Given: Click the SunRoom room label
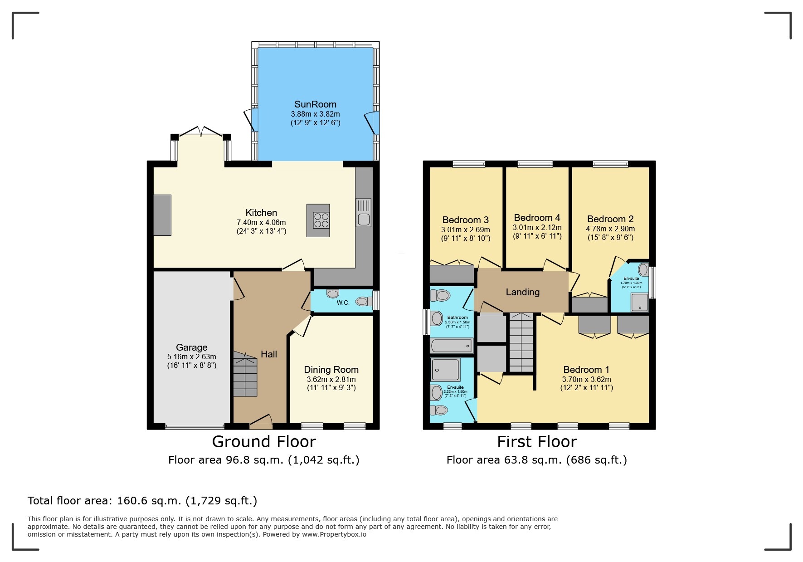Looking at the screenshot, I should point(315,104).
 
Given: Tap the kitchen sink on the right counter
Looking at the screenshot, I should point(363,213).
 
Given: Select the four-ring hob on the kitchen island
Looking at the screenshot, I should point(321,220).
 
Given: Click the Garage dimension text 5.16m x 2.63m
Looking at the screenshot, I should point(191,357).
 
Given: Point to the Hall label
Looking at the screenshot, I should point(268,354).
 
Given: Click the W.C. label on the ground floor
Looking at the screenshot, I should point(343,303).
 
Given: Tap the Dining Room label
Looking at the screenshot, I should point(331,370).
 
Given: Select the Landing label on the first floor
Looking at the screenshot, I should point(522,292).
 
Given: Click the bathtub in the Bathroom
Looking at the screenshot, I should point(452,346).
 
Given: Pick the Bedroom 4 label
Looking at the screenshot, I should point(537,218).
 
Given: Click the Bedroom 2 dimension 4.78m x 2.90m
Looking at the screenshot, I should point(610,229).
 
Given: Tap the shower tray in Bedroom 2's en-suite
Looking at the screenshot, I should point(640,303).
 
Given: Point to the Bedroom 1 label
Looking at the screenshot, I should point(586,370).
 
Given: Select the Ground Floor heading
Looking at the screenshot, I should point(264,441).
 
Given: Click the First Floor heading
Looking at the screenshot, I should point(537,441).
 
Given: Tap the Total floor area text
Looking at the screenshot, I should point(142,501).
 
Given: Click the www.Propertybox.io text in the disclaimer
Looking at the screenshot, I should point(334,534).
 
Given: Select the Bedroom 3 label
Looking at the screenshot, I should point(465,220).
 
